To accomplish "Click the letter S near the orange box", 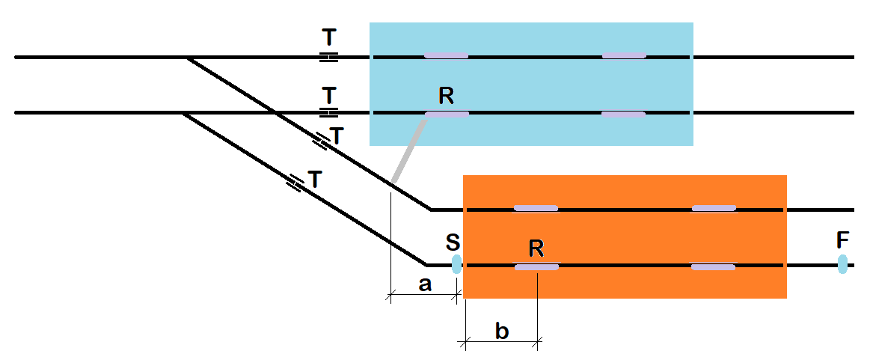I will pos(453,242).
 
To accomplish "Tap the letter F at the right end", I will pos(842,240).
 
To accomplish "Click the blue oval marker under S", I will pos(456,264).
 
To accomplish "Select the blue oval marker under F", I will pos(842,264).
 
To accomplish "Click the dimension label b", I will pos(502,330).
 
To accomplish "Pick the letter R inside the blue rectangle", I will pos(447,95).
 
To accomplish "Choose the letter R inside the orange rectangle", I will pos(536,247).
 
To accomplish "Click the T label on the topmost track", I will pos(329,37).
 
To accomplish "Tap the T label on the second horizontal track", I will pos(329,96).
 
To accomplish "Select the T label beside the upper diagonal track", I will pos(337,136).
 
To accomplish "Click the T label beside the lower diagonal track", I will pos(315,180).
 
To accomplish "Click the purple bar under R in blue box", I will pos(447,115).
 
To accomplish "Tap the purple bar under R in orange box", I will pos(536,267).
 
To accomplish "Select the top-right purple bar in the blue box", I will pos(624,55).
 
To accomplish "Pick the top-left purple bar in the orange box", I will pos(536,208).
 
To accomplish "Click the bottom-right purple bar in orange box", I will pos(714,266).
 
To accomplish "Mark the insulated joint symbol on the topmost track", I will pos(328,57).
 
